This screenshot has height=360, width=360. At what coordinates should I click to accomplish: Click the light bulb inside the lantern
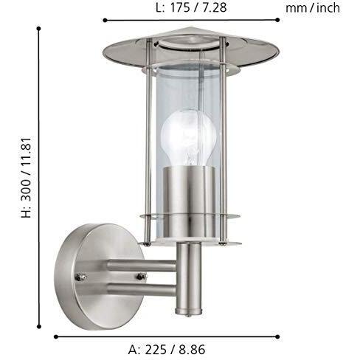pos(188,139)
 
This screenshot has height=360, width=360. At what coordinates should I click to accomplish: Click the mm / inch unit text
pos(313,8)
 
